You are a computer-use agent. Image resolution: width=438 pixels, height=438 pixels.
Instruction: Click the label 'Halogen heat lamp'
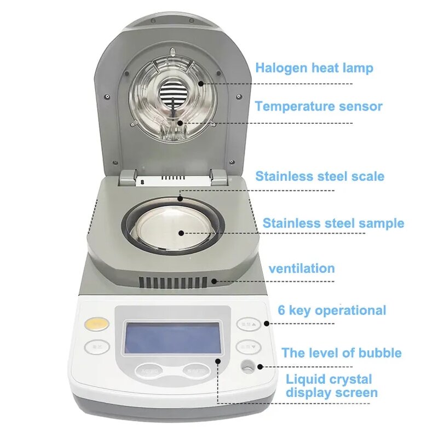pyautogui.click(x=314, y=68)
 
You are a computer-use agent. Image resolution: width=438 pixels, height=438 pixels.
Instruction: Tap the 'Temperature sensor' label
pyautogui.click(x=318, y=106)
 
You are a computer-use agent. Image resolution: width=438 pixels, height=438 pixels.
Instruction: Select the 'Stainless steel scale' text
pyautogui.click(x=320, y=176)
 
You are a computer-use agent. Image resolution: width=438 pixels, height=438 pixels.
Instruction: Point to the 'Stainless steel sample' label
pyautogui.click(x=333, y=223)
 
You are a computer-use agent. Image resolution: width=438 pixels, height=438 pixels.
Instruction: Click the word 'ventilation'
pyautogui.click(x=301, y=268)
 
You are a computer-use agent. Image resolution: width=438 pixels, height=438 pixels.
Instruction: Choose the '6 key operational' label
pyautogui.click(x=332, y=310)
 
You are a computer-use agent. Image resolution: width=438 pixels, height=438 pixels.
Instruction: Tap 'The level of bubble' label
pyautogui.click(x=341, y=353)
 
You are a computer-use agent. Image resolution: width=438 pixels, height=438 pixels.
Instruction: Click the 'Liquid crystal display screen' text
pyautogui.click(x=331, y=386)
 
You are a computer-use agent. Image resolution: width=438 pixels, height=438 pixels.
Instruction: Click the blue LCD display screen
pyautogui.click(x=173, y=337)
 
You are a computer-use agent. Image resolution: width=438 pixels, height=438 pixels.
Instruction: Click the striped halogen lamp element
pyautogui.click(x=172, y=95)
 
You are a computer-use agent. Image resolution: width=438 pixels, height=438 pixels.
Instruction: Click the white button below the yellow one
pyautogui.click(x=97, y=347)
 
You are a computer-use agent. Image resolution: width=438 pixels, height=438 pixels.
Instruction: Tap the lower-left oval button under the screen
pyautogui.click(x=148, y=371)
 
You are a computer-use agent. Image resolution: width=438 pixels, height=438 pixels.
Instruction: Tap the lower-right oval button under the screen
pyautogui.click(x=195, y=371)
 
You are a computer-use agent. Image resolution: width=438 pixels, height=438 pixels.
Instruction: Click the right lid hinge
pyautogui.click(x=218, y=176)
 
